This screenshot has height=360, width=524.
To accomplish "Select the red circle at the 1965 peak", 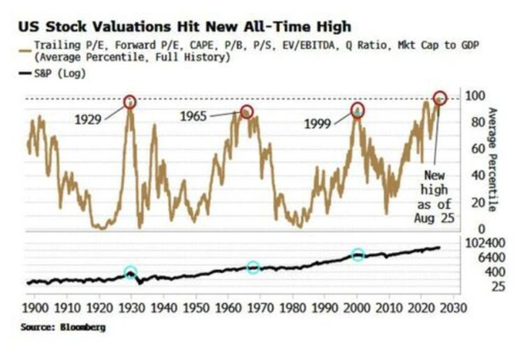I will [246, 112].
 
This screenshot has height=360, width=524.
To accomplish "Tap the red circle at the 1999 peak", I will [357, 109].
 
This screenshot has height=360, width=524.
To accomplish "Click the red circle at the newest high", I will [439, 98].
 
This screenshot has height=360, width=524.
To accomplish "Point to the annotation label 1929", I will [90, 119].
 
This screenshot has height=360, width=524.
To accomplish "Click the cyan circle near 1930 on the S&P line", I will [129, 272].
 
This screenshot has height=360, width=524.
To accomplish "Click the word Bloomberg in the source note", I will [82, 327].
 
